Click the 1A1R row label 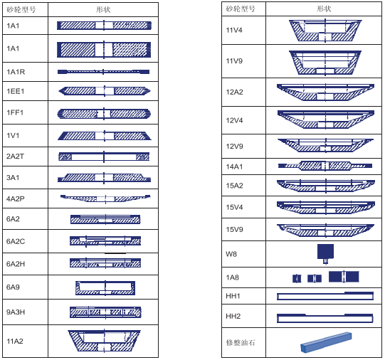(16, 72)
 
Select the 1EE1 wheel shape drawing (105, 91)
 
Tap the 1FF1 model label (15, 112)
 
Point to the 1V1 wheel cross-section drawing (105, 136)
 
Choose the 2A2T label (15, 157)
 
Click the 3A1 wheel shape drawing (104, 178)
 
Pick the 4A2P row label (16, 198)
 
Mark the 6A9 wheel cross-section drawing (105, 287)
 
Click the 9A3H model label (16, 312)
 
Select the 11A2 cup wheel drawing (105, 341)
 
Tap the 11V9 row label (234, 61)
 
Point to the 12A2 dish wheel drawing (326, 92)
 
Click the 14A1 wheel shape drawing (325, 166)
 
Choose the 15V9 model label (234, 230)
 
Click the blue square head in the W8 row (326, 251)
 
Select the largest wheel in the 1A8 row (344, 277)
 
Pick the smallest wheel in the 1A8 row (297, 278)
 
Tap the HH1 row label (233, 296)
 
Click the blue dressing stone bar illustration (326, 343)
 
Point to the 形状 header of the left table (103, 9)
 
